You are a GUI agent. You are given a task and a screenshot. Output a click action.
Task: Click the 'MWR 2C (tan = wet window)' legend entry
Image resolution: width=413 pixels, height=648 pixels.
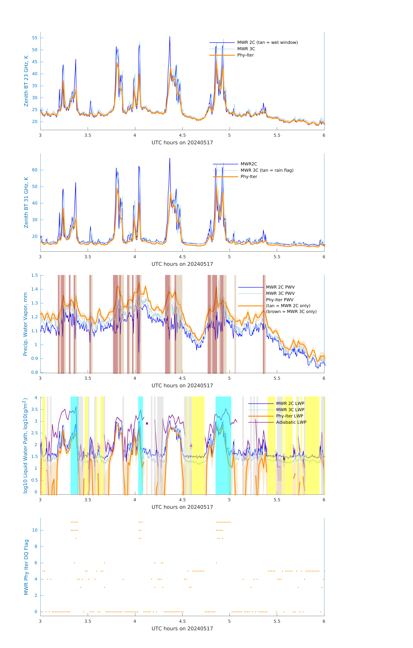tap(267, 43)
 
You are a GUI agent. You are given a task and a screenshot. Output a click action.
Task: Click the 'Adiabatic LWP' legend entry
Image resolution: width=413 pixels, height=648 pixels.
tap(291, 422)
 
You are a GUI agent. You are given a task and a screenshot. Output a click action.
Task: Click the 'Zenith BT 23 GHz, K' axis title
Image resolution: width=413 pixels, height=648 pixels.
tap(26, 81)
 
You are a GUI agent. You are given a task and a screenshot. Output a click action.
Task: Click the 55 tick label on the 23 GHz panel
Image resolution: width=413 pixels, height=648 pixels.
tap(35, 38)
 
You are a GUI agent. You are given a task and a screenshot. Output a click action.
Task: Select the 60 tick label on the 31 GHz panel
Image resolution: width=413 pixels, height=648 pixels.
tap(35, 170)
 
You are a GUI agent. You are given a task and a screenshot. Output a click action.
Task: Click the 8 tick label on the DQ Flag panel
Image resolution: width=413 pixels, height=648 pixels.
tap(36, 547)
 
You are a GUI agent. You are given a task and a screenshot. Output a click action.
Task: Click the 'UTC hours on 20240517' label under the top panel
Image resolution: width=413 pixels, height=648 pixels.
tap(182, 143)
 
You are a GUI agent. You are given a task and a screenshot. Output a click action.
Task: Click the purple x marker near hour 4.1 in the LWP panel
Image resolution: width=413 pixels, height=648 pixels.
tap(147, 424)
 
